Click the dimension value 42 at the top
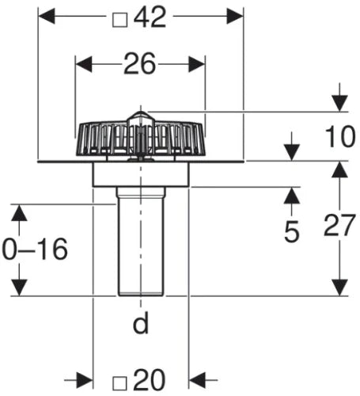[150, 17]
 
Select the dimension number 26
[140, 63]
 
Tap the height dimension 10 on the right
[340, 136]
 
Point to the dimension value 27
[339, 225]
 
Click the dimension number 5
[292, 231]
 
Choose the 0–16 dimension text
[35, 249]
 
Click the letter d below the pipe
[141, 322]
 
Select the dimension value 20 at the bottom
[150, 380]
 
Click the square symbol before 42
[120, 21]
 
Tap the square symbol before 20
[119, 383]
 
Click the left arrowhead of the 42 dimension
[47, 16]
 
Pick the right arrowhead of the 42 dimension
[235, 16]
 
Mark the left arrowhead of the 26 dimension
[84, 64]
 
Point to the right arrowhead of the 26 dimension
[197, 64]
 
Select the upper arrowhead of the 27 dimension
[339, 169]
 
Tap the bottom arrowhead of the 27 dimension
[339, 287]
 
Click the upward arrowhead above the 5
[292, 196]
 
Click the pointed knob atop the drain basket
[140, 118]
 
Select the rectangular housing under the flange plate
[141, 174]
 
